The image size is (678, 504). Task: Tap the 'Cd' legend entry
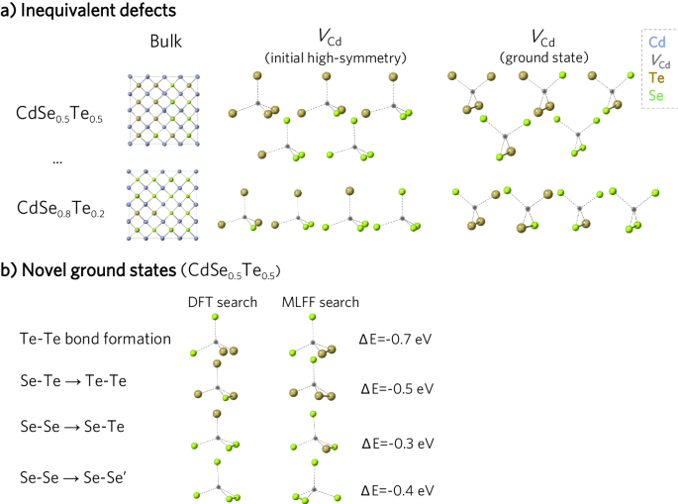656,43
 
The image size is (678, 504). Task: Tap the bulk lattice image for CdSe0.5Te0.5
166,113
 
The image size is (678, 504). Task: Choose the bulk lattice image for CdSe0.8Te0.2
166,205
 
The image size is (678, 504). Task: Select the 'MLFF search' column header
319,302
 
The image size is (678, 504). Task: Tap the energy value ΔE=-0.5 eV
396,388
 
